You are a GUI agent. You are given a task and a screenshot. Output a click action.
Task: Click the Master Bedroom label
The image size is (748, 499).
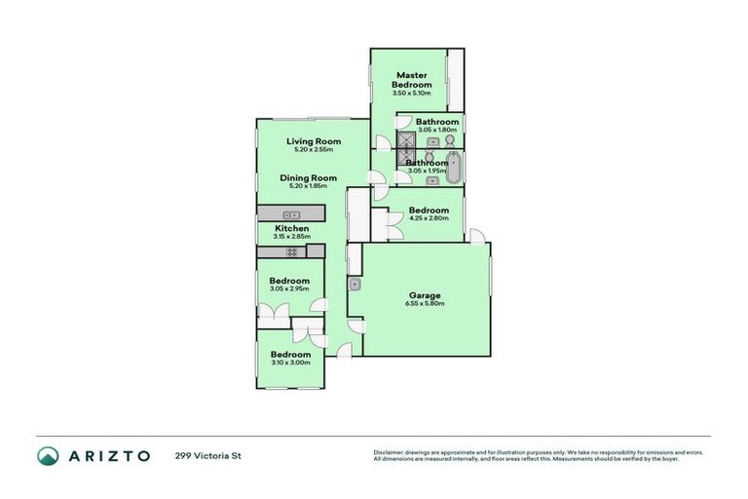click(410, 80)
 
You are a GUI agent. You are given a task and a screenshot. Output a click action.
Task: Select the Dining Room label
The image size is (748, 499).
click(308, 177)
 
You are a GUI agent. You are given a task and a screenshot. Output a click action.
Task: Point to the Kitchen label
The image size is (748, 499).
click(290, 228)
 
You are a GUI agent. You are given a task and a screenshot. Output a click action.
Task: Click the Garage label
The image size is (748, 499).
click(425, 295)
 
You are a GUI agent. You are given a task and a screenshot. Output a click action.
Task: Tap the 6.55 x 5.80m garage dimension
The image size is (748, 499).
click(425, 304)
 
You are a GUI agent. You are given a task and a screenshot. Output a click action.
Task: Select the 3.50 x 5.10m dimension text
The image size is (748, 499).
click(410, 94)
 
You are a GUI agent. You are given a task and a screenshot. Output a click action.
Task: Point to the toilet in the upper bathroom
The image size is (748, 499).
click(451, 141)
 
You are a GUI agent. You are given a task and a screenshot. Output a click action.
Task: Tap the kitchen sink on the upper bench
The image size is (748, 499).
click(291, 214)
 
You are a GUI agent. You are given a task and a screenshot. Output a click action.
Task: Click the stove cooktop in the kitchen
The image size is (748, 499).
click(291, 251)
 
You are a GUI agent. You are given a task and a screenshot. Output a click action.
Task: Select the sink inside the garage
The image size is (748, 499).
click(356, 285)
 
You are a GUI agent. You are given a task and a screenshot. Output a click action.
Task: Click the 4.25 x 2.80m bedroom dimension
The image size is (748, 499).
click(429, 219)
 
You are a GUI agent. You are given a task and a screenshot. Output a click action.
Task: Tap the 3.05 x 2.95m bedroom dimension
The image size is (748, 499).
click(289, 289)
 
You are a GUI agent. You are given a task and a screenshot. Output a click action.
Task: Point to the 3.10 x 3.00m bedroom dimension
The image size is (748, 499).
click(290, 363)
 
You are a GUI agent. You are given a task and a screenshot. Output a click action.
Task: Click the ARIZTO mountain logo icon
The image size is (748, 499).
click(48, 455)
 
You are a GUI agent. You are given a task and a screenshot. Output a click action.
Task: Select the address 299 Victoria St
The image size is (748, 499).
click(207, 455)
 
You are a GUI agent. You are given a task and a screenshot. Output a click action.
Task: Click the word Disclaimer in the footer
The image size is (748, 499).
click(390, 452)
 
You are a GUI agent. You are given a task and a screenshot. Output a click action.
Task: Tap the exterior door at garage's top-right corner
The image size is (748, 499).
click(476, 236)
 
